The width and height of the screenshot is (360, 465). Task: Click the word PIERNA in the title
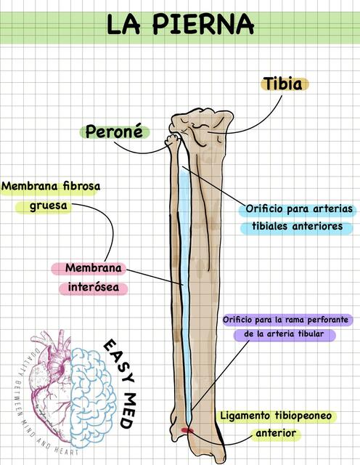(203, 24)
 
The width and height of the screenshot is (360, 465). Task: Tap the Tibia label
(284, 84)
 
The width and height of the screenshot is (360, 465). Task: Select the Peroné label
(114, 132)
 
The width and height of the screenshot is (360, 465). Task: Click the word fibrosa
(81, 186)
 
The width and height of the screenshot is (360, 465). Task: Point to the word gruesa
(49, 206)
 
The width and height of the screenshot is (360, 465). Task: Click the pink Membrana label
(94, 268)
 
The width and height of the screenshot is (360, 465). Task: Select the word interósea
(94, 287)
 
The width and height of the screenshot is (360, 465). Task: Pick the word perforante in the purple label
(327, 320)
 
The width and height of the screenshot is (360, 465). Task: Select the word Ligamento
(245, 416)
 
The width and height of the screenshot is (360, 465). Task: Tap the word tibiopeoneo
(303, 416)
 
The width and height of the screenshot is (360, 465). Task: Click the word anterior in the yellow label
(276, 433)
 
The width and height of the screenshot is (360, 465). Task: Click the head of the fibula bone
(173, 140)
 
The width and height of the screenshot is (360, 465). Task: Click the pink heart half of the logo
(50, 386)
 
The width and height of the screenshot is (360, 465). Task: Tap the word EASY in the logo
(120, 360)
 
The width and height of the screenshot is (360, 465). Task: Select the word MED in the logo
(128, 411)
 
